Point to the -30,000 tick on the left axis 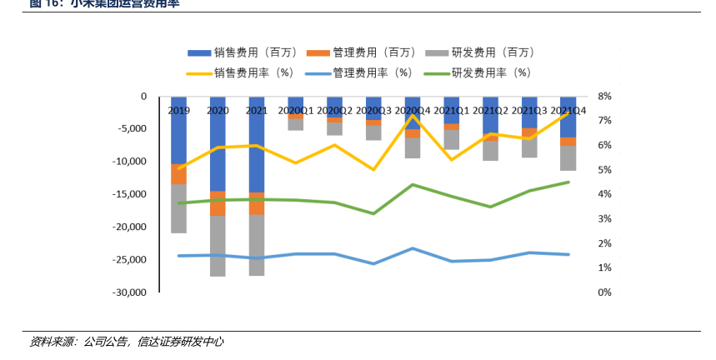pos(128,292)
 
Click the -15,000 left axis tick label pos(128,194)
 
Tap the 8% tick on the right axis pos(604,97)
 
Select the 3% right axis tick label pos(604,219)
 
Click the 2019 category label pos(178,110)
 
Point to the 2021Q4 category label pos(568,110)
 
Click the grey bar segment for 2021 pos(257,245)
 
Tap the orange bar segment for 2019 pos(178,174)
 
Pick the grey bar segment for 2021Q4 pos(568,158)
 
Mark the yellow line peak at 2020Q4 pos(413,116)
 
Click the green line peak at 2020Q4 pos(413,184)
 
